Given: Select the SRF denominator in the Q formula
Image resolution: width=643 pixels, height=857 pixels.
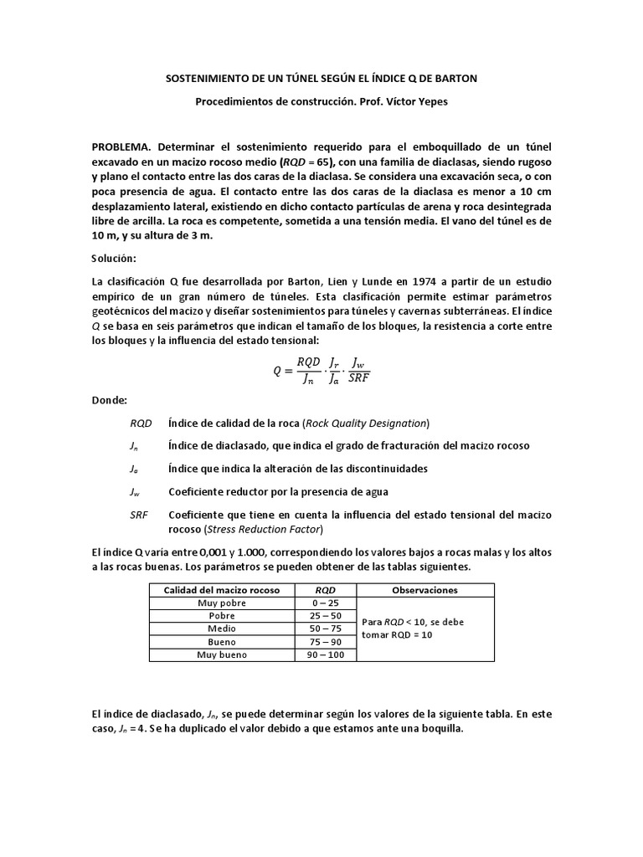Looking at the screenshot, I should coord(358,377).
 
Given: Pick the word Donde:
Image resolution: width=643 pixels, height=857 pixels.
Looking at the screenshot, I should coord(111,401).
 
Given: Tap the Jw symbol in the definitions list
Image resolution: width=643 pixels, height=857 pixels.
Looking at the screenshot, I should coord(135,491).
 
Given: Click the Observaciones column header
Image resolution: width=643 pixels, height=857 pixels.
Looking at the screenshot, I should coord(424,590).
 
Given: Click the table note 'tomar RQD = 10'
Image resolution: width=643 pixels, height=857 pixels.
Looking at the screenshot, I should coord(399,635).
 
